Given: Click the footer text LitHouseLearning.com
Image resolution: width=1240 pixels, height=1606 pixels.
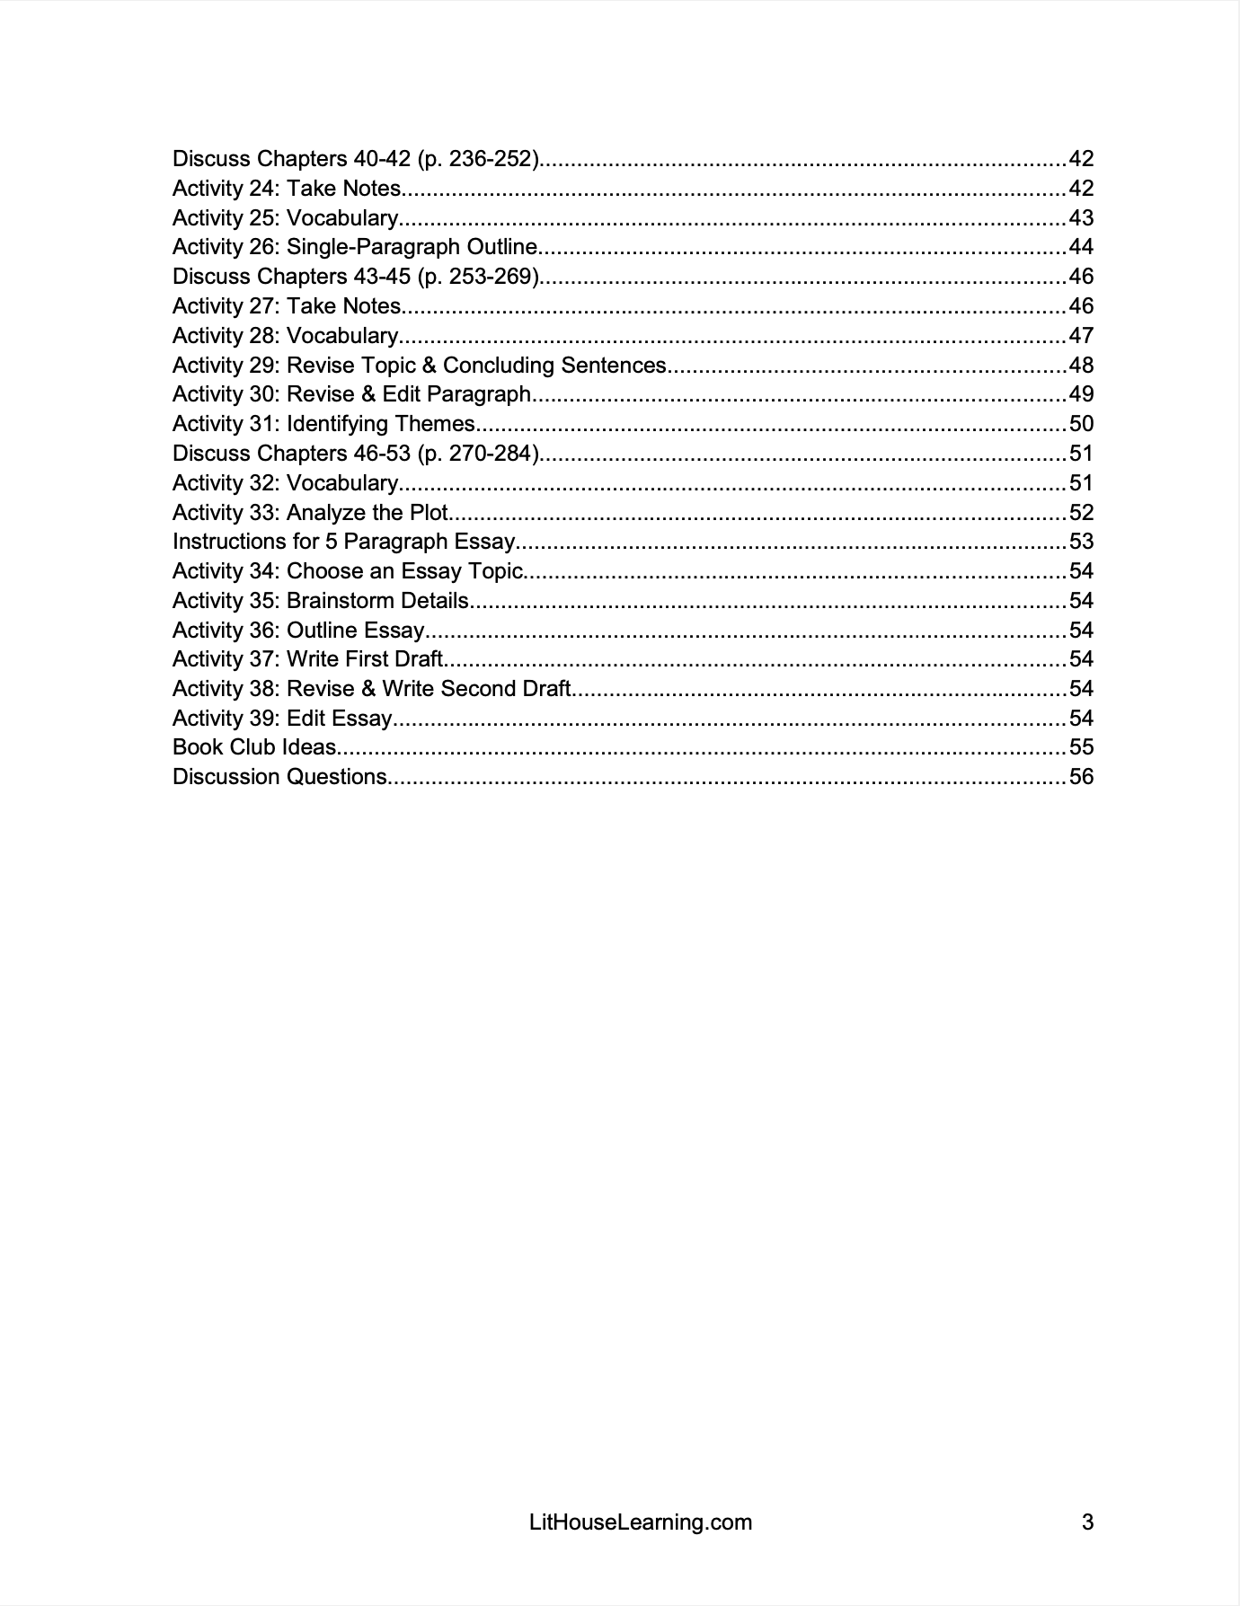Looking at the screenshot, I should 641,1522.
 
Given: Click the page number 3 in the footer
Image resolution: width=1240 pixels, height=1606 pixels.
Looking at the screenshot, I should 1087,1522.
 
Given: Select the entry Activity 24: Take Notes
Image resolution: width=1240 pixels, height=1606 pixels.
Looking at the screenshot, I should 287,189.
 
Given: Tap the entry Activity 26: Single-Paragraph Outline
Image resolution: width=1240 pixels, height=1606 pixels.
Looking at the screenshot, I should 355,247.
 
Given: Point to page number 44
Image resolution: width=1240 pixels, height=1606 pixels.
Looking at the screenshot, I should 1081,247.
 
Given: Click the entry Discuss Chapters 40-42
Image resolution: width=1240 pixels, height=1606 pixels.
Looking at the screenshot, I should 356,159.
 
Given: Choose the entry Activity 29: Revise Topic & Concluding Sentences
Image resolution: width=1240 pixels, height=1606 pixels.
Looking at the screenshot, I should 419,366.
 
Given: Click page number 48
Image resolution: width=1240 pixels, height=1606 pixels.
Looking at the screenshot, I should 1081,366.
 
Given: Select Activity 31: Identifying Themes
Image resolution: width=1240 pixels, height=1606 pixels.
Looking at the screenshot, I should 323,424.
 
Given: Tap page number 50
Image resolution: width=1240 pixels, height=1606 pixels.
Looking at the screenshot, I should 1081,424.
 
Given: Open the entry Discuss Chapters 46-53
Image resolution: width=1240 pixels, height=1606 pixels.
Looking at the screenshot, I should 356,454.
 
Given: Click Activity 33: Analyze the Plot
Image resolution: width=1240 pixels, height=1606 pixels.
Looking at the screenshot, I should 310,513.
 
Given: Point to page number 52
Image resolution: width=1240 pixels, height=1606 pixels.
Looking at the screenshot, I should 1081,513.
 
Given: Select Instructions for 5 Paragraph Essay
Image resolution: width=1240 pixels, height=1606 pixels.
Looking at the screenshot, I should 343,542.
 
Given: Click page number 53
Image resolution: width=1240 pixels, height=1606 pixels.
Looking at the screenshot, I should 1081,542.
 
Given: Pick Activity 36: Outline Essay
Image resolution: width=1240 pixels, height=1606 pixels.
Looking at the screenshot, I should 298,631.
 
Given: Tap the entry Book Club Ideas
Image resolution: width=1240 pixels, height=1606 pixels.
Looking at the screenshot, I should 254,747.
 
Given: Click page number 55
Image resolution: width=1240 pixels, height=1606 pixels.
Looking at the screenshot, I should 1081,747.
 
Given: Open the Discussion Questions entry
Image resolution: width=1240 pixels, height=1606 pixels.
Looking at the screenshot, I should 279,777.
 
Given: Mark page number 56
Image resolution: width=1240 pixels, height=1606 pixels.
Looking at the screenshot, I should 1081,777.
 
